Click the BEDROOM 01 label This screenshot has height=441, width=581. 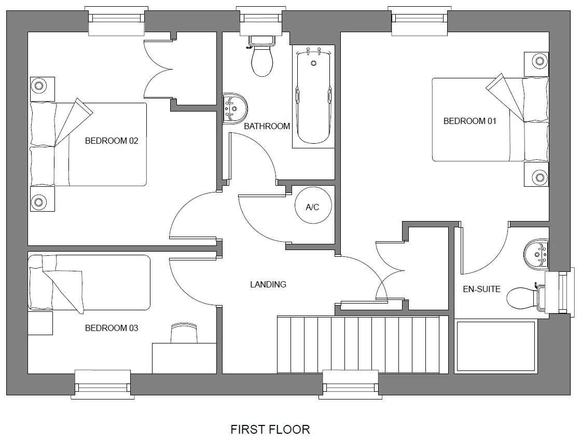tap(469, 121)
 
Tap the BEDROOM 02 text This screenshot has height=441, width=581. tap(112, 141)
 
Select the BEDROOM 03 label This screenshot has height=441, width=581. tap(112, 328)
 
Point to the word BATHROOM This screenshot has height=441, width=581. tap(267, 126)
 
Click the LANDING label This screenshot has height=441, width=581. tap(268, 284)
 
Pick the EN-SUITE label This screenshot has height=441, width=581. tap(481, 289)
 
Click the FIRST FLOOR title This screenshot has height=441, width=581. tap(270, 430)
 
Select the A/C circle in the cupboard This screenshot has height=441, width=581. tap(312, 207)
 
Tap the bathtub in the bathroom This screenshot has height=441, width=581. tap(313, 96)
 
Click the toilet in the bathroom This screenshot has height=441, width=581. tap(262, 57)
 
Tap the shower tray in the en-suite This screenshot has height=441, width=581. tap(495, 346)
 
